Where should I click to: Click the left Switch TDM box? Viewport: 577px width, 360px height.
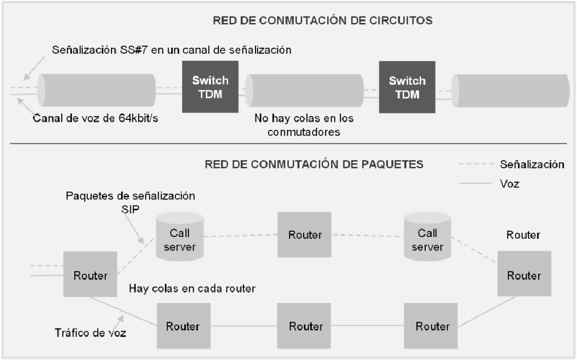[x=210, y=86]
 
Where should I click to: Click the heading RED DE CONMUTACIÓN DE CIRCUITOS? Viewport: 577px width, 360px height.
[x=322, y=21]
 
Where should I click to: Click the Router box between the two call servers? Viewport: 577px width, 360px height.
[x=305, y=234]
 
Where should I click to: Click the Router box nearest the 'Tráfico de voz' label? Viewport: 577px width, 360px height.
[x=182, y=327]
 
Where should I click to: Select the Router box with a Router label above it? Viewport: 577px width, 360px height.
[x=524, y=275]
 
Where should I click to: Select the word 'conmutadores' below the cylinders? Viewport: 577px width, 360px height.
[x=304, y=132]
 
